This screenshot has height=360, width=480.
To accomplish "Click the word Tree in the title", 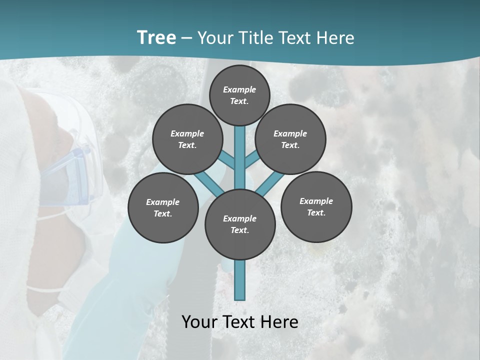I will coord(156,37).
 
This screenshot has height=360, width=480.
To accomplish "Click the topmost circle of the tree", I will coord(239,95).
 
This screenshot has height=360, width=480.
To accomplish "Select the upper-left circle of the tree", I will coord(187,139).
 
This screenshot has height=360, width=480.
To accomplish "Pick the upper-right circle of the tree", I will coord(290,139).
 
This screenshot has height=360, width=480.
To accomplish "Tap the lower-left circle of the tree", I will coord(163,207).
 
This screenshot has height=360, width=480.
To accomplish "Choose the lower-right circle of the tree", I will coord(316,206).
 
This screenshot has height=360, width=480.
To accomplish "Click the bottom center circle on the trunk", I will coord(240,224).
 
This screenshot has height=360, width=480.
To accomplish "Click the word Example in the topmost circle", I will coord(239,89).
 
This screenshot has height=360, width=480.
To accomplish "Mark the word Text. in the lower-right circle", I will coord(316,212).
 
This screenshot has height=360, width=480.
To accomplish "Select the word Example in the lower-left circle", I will coord(162,202).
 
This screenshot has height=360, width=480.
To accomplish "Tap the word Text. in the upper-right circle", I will coord(290,145).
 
